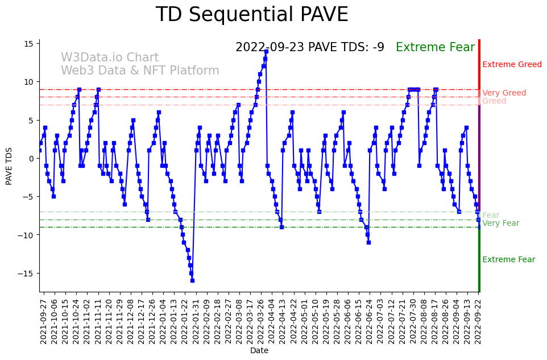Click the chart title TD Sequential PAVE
pos(252,15)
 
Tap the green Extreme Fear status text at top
pos(435,47)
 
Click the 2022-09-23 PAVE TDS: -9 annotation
pos(309,47)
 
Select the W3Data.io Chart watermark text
pos(110,58)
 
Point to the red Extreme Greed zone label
pos(512,65)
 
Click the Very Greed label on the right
pos(504,93)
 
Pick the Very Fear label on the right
pos(500,224)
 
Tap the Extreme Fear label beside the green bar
pos(508,260)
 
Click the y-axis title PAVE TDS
pos(9,165)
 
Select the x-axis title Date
pos(259,351)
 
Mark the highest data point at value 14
pos(266,51)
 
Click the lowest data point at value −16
pos(192,280)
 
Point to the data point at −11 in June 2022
pos(368,242)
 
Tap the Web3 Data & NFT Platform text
pos(140,71)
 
